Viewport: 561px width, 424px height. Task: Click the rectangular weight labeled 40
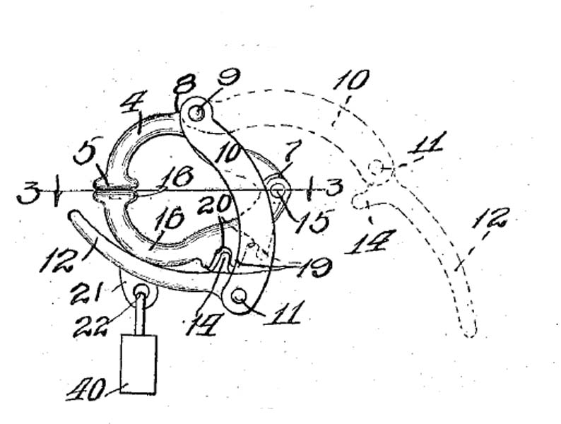[138, 364]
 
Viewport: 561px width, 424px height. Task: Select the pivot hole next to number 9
[196, 113]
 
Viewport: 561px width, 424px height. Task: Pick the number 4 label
[134, 101]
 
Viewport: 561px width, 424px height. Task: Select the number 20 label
[214, 204]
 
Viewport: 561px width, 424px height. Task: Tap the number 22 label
[90, 326]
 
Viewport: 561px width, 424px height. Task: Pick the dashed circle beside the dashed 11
[376, 167]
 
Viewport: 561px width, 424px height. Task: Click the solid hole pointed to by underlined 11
[239, 295]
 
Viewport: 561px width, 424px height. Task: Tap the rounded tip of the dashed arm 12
[469, 331]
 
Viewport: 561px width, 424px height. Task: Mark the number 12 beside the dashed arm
[490, 217]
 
